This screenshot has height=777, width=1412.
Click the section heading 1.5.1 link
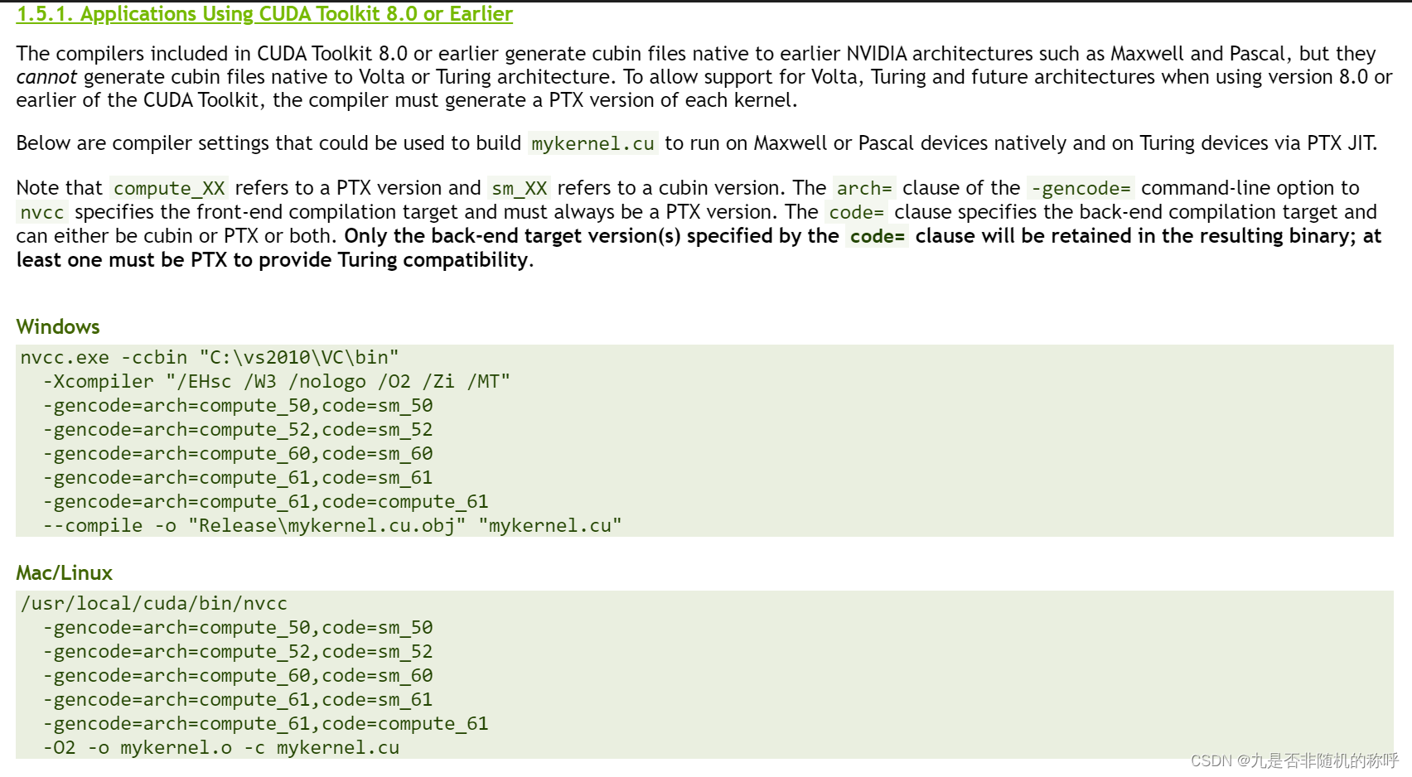(x=264, y=14)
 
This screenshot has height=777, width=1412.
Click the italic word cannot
(x=46, y=77)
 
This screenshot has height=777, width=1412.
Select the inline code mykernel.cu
(x=592, y=143)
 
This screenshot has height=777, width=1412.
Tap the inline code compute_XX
(x=169, y=188)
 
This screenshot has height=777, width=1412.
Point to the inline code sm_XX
(x=519, y=188)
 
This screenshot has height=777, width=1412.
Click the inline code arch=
(x=863, y=188)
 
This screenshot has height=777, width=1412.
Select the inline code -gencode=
(x=1081, y=188)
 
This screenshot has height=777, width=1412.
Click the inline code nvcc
(x=42, y=212)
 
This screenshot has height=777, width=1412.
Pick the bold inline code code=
(x=877, y=236)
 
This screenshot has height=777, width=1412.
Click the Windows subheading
(x=58, y=326)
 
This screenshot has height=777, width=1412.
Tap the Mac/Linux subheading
(x=64, y=572)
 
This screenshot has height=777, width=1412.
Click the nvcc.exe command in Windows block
(x=65, y=357)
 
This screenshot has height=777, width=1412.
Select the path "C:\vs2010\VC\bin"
(x=299, y=357)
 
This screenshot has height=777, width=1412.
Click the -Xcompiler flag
(x=98, y=381)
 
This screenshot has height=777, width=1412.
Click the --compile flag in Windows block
(x=92, y=525)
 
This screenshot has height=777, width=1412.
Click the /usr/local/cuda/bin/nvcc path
(x=154, y=603)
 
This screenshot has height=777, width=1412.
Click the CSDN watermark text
(x=1294, y=760)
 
